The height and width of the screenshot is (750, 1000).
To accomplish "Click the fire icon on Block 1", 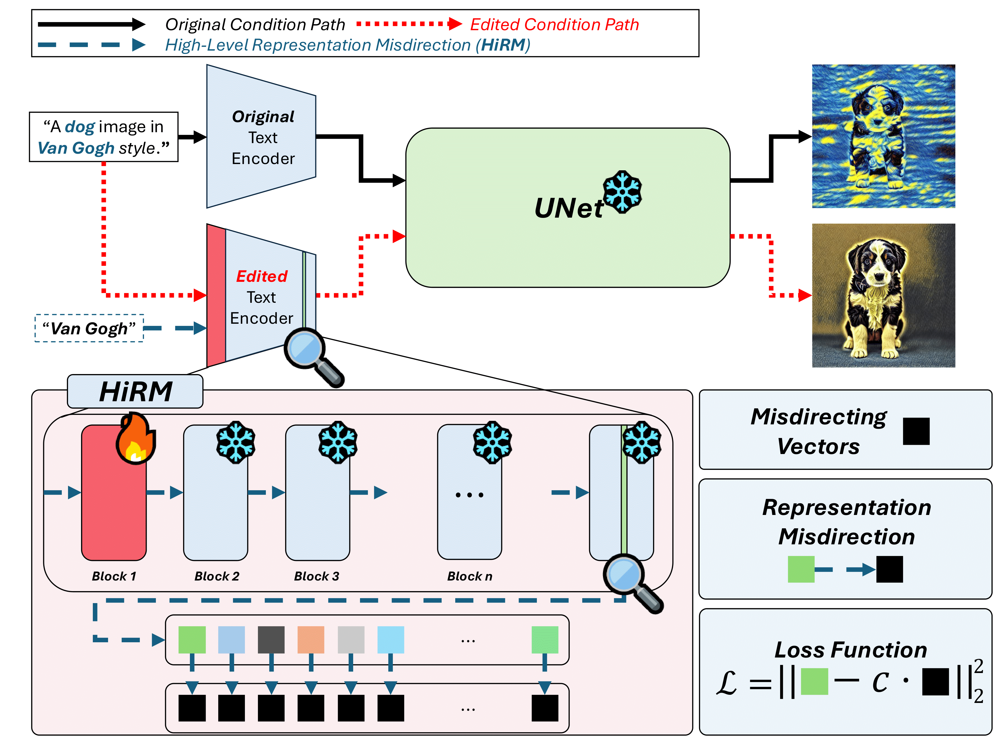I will point(136,439).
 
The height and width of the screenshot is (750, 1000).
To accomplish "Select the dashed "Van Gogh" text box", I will point(89,328).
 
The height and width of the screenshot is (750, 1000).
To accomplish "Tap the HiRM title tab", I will point(135,391).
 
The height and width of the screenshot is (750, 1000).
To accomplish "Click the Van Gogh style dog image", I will point(883,136).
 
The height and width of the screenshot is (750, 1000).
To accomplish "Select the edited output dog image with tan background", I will point(883,295).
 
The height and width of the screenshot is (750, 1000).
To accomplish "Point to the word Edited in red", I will point(262,276).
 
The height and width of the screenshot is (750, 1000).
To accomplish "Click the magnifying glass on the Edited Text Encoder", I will point(312,356).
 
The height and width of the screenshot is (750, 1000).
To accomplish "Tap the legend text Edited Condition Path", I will point(554,24).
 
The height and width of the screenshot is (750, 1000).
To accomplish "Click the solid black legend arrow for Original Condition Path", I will point(90,24).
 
